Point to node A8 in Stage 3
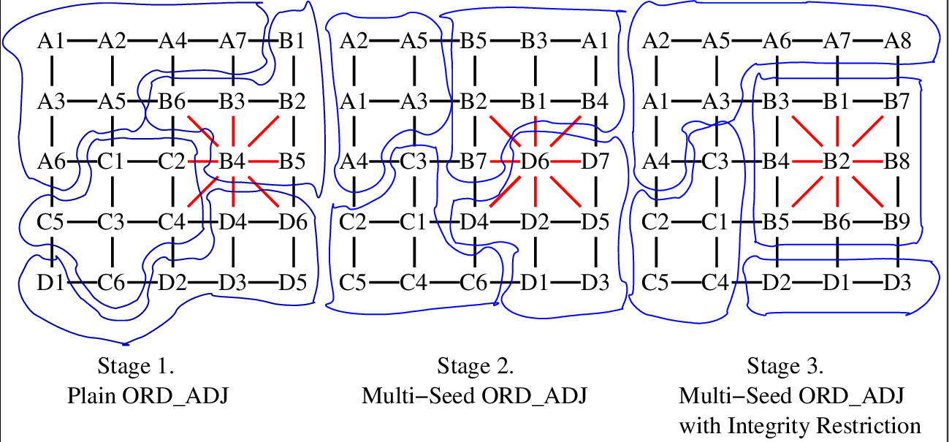point(896,41)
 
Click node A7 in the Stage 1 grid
point(232,41)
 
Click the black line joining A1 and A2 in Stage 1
point(82,41)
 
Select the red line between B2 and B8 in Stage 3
point(866,160)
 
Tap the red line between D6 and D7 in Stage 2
point(565,160)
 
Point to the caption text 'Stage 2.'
point(476,365)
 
